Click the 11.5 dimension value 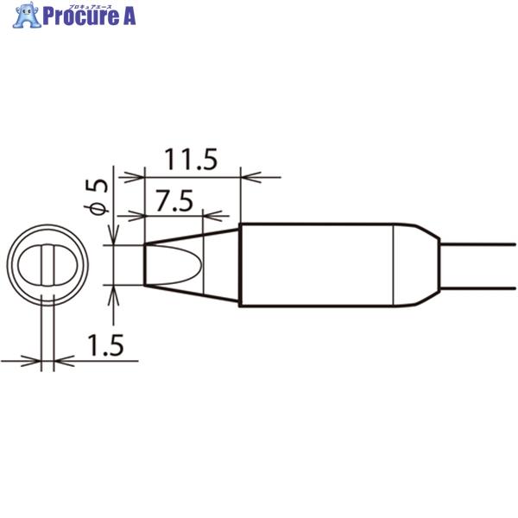(191, 161)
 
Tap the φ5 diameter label (98, 197)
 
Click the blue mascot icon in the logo (28, 16)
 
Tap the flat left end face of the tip (143, 265)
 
